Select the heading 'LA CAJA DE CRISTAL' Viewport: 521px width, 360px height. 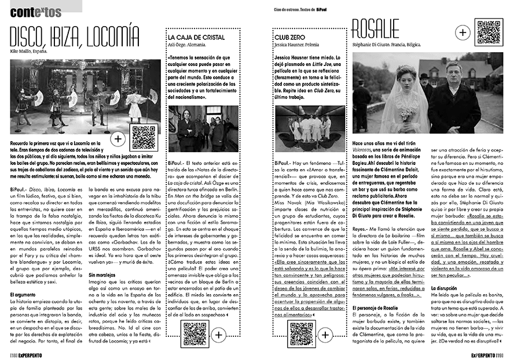coord(193,38)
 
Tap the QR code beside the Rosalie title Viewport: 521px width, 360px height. coord(487,32)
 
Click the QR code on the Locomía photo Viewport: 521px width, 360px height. coord(144,137)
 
